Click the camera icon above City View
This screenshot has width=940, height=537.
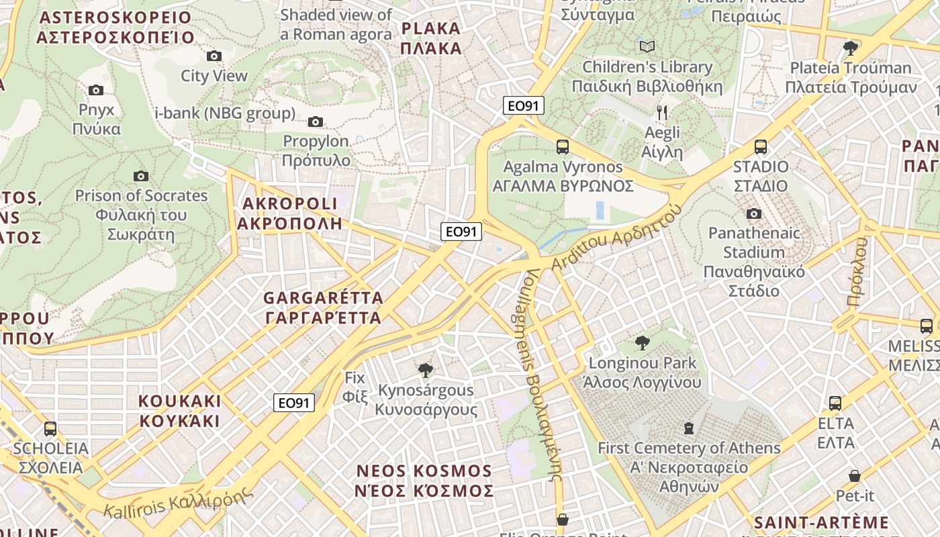(214, 56)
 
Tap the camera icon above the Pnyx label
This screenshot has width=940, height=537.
(96, 90)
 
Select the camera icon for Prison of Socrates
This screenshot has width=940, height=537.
(141, 176)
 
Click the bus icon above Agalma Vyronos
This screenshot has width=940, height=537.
(563, 146)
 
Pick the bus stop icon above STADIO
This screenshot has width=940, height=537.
(761, 146)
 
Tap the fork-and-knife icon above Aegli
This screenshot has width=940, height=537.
(662, 112)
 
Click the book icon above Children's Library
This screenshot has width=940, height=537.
(647, 46)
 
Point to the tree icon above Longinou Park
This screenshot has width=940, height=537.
(643, 343)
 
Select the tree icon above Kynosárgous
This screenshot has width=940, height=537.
(425, 370)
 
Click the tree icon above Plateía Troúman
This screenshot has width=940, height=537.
(851, 48)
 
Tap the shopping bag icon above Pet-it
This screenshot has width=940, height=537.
(855, 476)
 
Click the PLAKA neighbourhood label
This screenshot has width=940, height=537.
(430, 38)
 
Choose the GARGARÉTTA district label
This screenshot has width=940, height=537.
(323, 307)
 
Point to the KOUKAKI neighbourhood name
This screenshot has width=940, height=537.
(179, 411)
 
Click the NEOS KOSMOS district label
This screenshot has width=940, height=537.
(424, 481)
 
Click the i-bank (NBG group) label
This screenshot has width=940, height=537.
(225, 113)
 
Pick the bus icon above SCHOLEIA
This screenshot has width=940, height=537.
(50, 428)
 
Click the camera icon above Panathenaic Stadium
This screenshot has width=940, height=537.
(754, 213)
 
